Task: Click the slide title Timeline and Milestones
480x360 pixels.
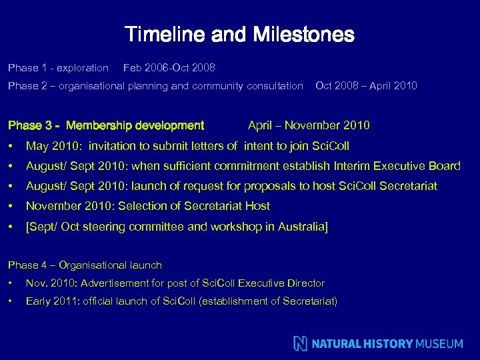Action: point(239,34)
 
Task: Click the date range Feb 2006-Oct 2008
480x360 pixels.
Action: point(169,68)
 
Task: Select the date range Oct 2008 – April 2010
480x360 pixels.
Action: point(366,85)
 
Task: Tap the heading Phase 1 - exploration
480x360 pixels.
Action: point(58,68)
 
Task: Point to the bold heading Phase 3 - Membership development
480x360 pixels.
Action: point(105,125)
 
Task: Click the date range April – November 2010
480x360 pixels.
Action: point(309,125)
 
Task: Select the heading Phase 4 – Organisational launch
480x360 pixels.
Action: point(85,265)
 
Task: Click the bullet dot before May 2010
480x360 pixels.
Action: point(11,146)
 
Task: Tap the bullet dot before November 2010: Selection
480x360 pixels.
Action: point(11,207)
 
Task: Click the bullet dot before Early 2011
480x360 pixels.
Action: point(11,301)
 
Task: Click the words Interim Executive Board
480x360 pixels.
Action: point(399,166)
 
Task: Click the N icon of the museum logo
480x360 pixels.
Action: point(301,343)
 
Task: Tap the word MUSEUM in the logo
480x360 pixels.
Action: point(439,344)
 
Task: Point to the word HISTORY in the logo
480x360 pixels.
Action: point(389,344)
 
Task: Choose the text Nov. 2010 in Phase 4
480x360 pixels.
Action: point(46,283)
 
